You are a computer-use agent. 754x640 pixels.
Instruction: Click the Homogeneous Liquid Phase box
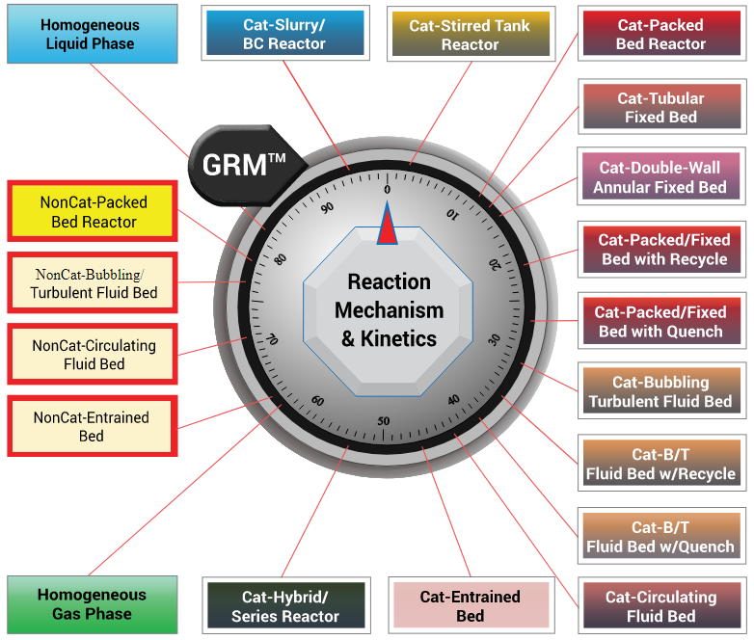[92, 35]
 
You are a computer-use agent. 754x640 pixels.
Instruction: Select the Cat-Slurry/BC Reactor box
[283, 35]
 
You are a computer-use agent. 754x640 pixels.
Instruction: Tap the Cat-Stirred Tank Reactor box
[470, 35]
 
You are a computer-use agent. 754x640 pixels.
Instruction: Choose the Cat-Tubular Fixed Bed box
[660, 107]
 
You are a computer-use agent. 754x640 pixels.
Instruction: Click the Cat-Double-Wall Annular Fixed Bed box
[660, 177]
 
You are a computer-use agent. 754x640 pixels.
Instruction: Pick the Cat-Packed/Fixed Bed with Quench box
[660, 322]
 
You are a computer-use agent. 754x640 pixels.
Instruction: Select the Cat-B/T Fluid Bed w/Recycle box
[660, 464]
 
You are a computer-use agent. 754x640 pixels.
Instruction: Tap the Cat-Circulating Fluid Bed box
[660, 606]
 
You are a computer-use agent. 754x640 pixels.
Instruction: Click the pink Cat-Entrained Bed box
[470, 606]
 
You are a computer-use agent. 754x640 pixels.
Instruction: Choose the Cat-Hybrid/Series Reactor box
[284, 606]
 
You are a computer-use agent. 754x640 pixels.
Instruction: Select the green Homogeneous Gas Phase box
[92, 604]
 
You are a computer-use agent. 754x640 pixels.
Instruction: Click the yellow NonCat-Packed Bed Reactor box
[93, 212]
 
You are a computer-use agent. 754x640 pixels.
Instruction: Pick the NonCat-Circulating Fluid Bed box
[93, 354]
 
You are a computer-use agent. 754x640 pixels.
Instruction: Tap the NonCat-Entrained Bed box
[93, 426]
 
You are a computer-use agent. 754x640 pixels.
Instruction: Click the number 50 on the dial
[384, 421]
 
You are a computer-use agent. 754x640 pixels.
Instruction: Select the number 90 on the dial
[328, 207]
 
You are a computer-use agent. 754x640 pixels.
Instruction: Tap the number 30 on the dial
[494, 339]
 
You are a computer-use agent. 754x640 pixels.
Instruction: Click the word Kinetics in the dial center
[397, 338]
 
